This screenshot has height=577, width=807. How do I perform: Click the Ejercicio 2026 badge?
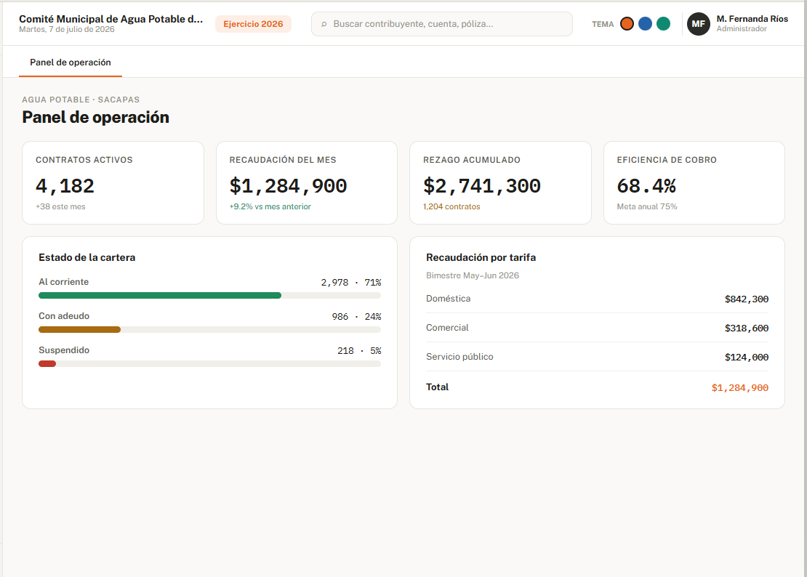click(x=253, y=24)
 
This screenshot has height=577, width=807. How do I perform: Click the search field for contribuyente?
click(x=441, y=24)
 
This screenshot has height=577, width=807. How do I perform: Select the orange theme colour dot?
click(x=627, y=24)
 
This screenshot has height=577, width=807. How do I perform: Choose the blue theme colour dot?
click(x=645, y=24)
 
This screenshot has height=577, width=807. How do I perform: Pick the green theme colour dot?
click(x=663, y=24)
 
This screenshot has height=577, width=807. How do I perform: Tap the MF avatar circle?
click(x=699, y=24)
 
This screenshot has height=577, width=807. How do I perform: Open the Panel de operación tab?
click(x=71, y=62)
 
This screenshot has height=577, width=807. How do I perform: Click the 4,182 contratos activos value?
click(x=65, y=185)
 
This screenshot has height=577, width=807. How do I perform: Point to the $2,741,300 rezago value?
click(x=482, y=185)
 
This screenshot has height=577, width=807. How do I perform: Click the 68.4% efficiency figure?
click(x=646, y=185)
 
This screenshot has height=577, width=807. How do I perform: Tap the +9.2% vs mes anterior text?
click(x=270, y=206)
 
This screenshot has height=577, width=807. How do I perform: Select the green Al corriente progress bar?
click(x=160, y=296)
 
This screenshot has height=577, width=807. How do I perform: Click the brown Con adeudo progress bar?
click(x=80, y=330)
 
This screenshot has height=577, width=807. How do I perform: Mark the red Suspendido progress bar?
click(x=47, y=363)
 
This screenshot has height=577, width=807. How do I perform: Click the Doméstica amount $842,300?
click(x=746, y=299)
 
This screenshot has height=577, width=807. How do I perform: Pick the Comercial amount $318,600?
click(x=746, y=328)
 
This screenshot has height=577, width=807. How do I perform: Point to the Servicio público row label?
click(x=459, y=357)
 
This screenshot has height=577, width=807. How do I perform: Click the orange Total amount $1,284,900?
click(x=739, y=388)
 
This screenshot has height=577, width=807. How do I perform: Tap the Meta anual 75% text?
click(x=647, y=206)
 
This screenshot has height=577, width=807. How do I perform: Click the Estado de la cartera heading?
click(x=87, y=258)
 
